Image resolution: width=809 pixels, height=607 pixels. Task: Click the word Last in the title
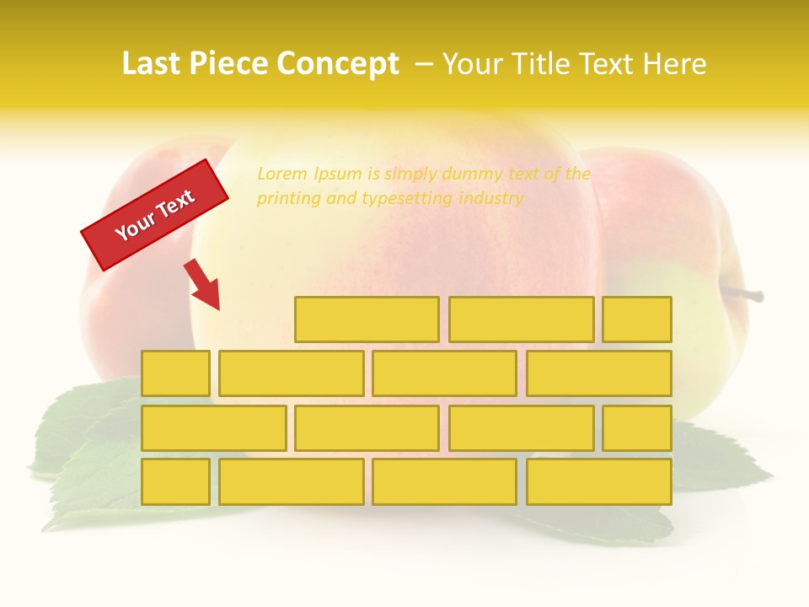pyautogui.click(x=153, y=64)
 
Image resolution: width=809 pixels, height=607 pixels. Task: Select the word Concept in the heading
pyautogui.click(x=338, y=64)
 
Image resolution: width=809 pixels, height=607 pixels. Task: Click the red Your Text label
pyautogui.click(x=155, y=215)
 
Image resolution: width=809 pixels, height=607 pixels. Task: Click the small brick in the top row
pyautogui.click(x=637, y=320)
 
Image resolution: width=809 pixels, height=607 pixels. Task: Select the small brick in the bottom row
pyautogui.click(x=175, y=482)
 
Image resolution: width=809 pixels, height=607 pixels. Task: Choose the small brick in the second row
pyautogui.click(x=175, y=373)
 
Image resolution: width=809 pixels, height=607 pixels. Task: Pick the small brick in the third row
pyautogui.click(x=637, y=428)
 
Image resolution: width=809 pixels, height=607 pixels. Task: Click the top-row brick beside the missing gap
pyautogui.click(x=367, y=320)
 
